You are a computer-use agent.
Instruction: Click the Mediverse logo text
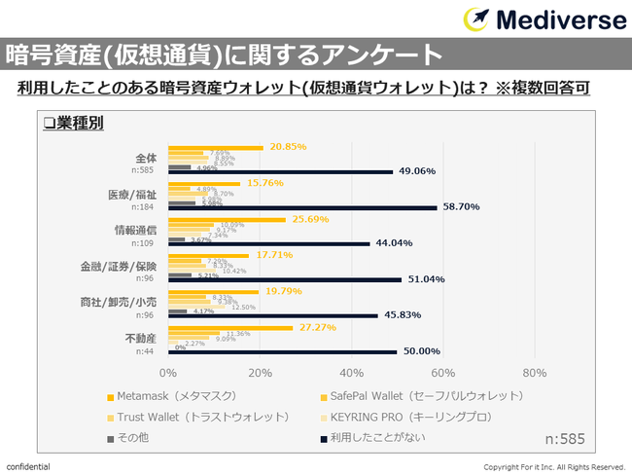coord(560,19)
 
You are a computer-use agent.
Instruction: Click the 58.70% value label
coord(463,207)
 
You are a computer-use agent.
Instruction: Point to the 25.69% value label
coord(305,219)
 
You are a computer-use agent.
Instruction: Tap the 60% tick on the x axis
coord(443,373)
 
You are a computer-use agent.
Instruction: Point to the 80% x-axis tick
coord(535,373)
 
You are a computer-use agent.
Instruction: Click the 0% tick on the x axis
coord(168,373)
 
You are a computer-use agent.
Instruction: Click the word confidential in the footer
coord(29,466)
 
